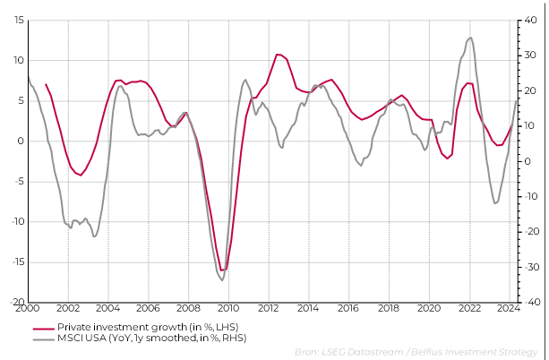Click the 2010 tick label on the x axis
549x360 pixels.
coord(228,308)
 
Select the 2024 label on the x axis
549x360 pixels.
coord(509,308)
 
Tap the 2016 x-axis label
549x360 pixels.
coord(348,308)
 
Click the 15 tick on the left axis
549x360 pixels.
coord(18,20)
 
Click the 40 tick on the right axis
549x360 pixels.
coord(528,20)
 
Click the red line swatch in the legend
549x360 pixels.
coord(42,328)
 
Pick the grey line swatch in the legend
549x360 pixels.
coord(42,339)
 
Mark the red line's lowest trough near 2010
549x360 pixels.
coord(222,270)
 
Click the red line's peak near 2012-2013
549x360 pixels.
coord(279,55)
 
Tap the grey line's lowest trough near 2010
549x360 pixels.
coord(221,280)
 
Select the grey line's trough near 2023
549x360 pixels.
coord(495,203)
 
